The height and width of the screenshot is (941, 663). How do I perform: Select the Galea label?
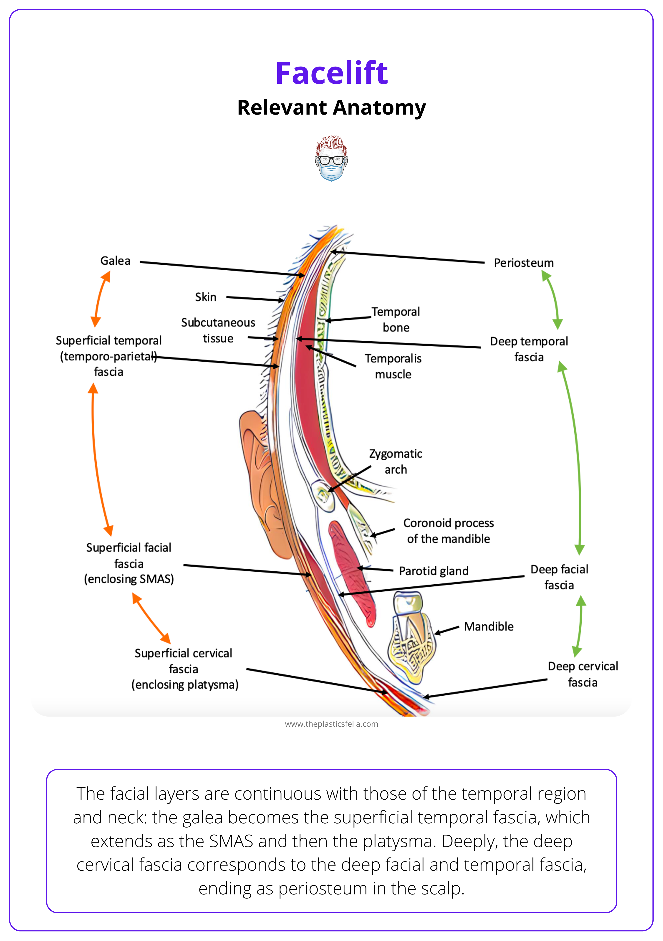coord(115,261)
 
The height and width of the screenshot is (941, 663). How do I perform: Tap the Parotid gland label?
coord(433,571)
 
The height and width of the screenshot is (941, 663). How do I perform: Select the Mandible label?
coord(488,626)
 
